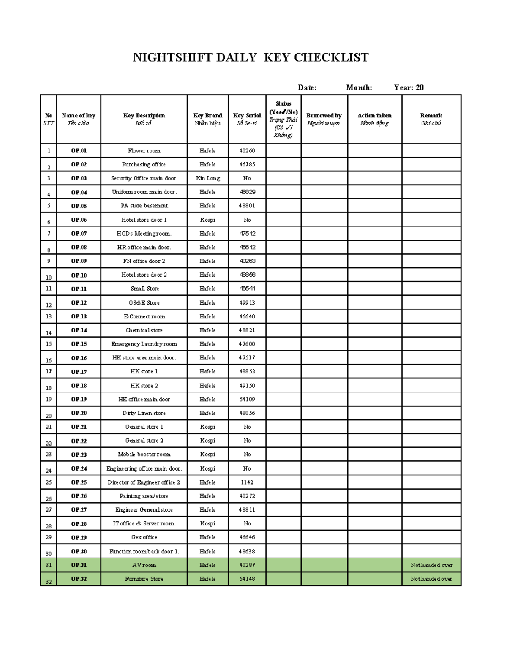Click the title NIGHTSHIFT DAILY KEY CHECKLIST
(x=251, y=57)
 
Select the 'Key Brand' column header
(x=207, y=119)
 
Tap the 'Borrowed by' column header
(x=324, y=119)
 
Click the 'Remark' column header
(x=431, y=119)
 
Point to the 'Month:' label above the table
(x=359, y=87)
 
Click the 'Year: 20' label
(x=409, y=87)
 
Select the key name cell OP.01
(x=79, y=151)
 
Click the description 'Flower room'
(x=144, y=151)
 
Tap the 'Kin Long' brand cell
(x=207, y=178)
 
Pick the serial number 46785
(x=247, y=164)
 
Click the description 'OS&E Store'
(x=144, y=303)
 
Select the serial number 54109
(x=247, y=399)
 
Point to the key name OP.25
(x=79, y=482)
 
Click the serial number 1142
(x=247, y=482)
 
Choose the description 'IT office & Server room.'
(x=144, y=523)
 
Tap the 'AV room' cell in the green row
(x=144, y=565)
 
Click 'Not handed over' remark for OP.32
(x=431, y=579)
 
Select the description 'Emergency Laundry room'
(x=144, y=344)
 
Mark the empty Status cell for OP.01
(x=283, y=151)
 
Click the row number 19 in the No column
(x=49, y=399)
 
